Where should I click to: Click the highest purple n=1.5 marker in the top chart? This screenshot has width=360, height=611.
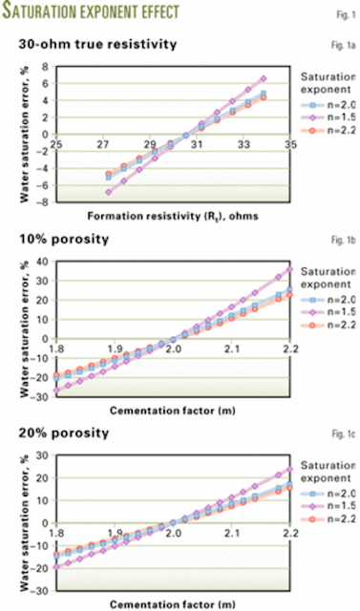tap(264, 78)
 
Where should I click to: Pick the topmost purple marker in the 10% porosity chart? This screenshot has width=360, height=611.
tap(289, 269)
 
